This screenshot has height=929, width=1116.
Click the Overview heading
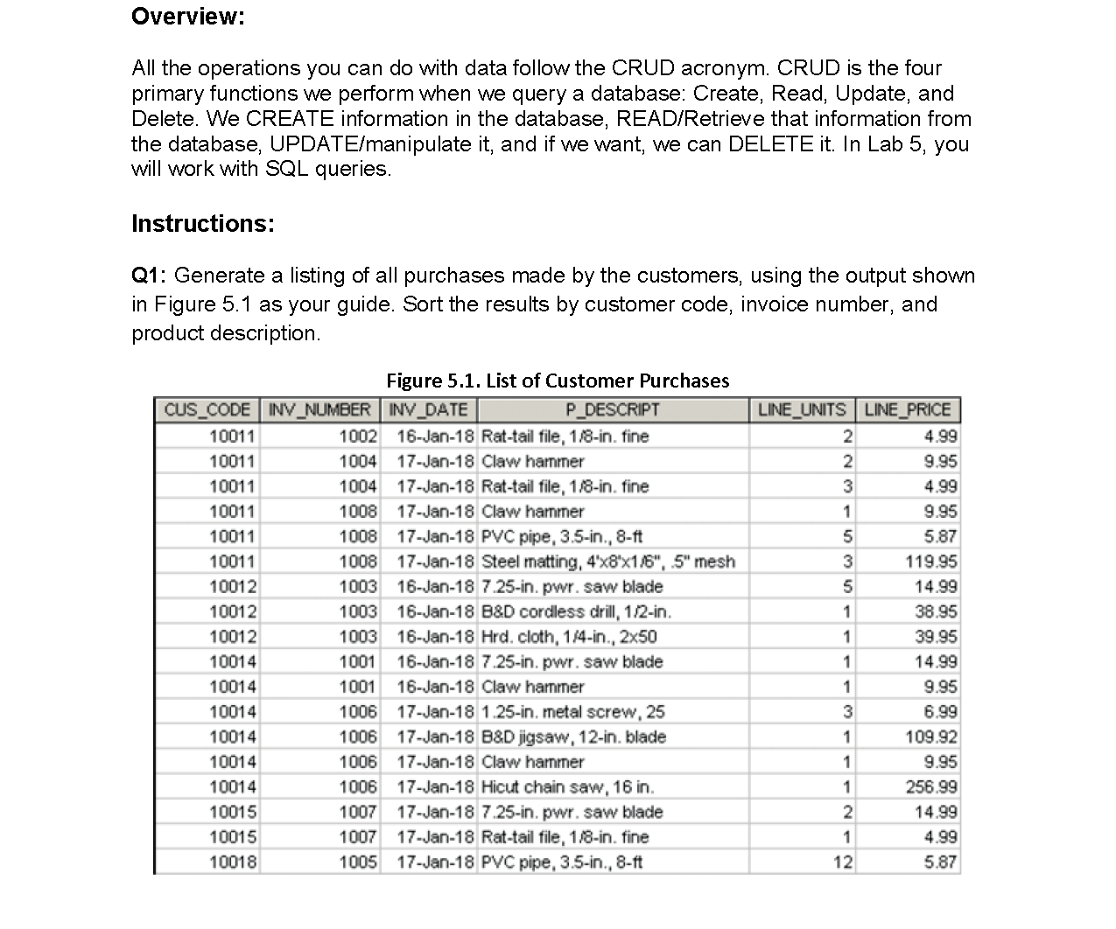187,17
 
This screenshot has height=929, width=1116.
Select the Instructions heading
202,224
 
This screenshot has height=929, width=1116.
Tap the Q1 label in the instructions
148,276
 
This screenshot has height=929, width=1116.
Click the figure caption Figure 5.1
557,381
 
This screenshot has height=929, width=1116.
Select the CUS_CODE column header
207,409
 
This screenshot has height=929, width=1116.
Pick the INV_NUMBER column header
319,409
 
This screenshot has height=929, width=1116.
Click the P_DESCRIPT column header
612,409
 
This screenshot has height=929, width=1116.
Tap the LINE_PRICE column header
907,409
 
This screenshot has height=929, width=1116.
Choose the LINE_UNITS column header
801,409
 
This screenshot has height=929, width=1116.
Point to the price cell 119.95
930,562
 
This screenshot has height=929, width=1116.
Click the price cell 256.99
930,787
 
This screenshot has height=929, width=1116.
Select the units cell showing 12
842,863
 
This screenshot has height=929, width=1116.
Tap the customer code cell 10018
233,863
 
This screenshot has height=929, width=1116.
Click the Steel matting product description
608,562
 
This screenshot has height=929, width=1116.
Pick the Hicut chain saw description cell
568,787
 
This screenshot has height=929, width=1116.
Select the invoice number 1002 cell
358,437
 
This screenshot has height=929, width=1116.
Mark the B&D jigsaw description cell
574,737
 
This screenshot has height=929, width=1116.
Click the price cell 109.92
930,737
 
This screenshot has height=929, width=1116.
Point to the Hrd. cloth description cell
569,637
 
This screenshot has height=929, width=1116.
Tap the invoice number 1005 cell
358,863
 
